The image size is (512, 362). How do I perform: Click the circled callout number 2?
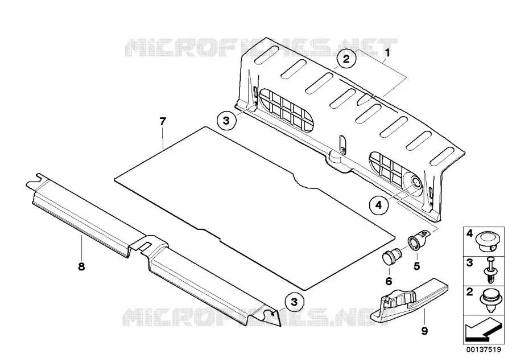(x=346, y=59)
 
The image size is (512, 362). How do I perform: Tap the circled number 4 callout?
(x=378, y=205)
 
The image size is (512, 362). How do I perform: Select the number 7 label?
(x=163, y=122)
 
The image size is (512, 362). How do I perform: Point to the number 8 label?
(x=81, y=266)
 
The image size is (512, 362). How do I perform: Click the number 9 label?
(x=424, y=331)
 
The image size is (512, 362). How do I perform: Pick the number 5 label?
(x=416, y=266)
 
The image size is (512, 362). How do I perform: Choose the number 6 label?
(x=389, y=281)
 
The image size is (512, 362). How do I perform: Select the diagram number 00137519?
(x=484, y=349)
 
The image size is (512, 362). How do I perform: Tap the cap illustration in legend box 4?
(x=489, y=241)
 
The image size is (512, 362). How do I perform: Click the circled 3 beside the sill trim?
(x=294, y=302)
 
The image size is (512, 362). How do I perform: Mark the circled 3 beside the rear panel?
(x=226, y=121)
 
